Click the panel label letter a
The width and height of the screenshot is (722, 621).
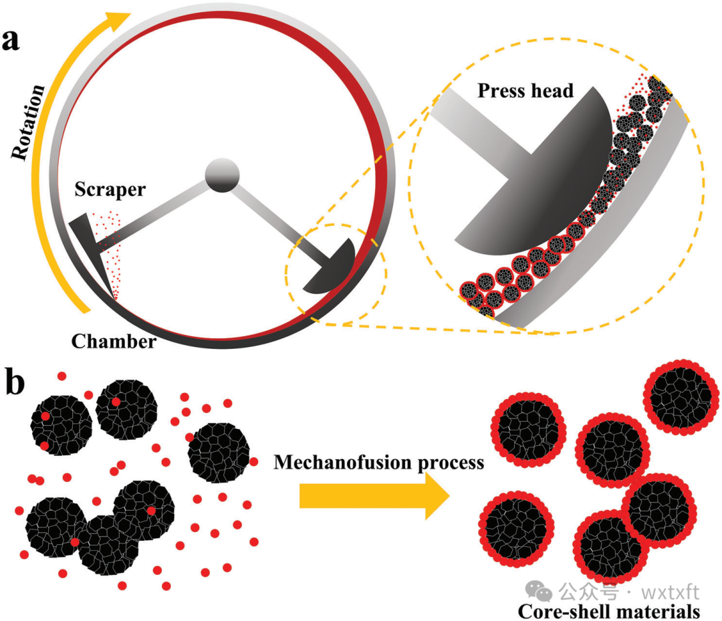(x=11, y=41)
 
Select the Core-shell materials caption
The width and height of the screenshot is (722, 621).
(x=609, y=610)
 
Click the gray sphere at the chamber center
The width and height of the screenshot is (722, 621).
(x=222, y=176)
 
